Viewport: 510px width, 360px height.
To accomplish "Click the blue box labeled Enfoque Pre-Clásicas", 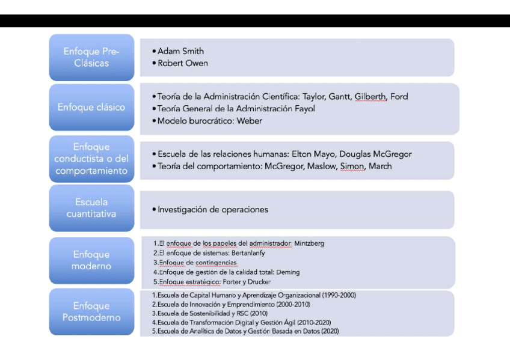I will click(x=91, y=57).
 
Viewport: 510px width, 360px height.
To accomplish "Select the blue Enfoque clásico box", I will click(x=91, y=108).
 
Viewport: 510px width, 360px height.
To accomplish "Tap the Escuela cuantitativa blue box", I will click(x=91, y=208).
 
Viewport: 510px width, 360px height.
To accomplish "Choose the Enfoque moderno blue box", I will click(x=91, y=260).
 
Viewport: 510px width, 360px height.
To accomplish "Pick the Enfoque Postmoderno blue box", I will click(x=91, y=312).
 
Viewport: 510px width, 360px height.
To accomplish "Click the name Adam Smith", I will click(x=180, y=51).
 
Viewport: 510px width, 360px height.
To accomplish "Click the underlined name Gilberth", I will click(x=370, y=96).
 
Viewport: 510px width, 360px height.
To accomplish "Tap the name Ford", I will click(x=399, y=96).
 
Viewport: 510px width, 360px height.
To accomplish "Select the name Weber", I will click(x=250, y=121).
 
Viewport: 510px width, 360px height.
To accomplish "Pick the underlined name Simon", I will click(x=352, y=166).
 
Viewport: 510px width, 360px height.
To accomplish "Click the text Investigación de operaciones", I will click(x=212, y=210).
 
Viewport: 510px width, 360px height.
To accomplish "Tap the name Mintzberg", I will click(x=309, y=243).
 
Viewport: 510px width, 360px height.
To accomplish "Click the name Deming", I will click(x=287, y=272).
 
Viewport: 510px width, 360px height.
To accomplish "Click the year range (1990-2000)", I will click(x=339, y=296).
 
